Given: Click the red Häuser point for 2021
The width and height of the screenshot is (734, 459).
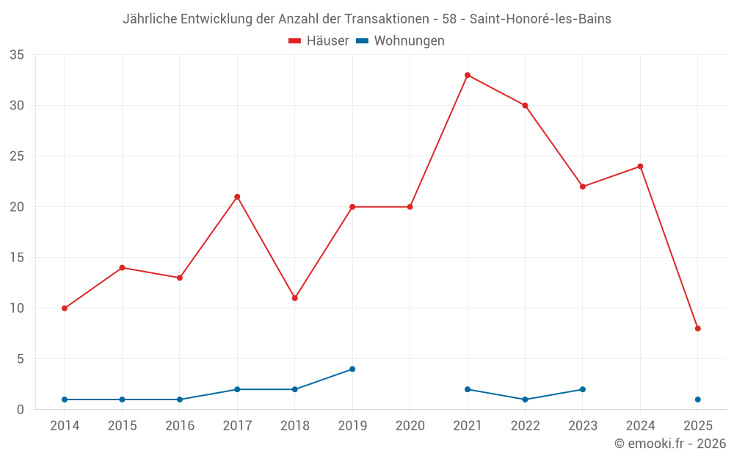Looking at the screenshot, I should pyautogui.click(x=468, y=75).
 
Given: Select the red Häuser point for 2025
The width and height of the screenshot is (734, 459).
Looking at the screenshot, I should pyautogui.click(x=697, y=328).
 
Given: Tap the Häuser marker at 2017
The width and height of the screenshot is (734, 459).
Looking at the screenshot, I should pyautogui.click(x=237, y=197).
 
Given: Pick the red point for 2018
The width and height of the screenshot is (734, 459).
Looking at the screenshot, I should pyautogui.click(x=294, y=298).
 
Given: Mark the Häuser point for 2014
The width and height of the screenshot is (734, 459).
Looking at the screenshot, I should pyautogui.click(x=65, y=308).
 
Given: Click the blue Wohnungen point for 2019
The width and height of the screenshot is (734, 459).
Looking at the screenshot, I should pyautogui.click(x=352, y=369).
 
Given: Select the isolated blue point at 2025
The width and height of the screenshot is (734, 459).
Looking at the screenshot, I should pyautogui.click(x=697, y=400).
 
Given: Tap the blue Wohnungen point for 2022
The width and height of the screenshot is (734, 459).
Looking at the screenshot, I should pyautogui.click(x=525, y=400).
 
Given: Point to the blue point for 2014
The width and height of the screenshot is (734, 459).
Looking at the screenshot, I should pyautogui.click(x=65, y=400).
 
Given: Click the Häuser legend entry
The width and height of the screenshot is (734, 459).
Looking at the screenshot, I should pyautogui.click(x=319, y=41).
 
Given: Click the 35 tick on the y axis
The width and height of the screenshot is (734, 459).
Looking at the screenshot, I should pyautogui.click(x=17, y=55).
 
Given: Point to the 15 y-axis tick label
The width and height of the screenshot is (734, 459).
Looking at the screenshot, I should pyautogui.click(x=17, y=258).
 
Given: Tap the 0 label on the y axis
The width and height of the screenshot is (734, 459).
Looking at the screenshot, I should pyautogui.click(x=21, y=410).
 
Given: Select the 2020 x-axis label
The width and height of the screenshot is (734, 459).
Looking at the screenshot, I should pyautogui.click(x=410, y=426).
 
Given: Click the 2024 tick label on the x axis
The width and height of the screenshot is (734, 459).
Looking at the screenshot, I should pyautogui.click(x=640, y=426).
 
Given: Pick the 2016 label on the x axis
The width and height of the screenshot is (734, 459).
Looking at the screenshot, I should pyautogui.click(x=180, y=426).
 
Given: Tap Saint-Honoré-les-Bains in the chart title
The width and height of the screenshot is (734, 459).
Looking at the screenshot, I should pyautogui.click(x=540, y=19).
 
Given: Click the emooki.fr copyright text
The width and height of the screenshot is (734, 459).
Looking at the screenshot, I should pyautogui.click(x=669, y=444).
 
